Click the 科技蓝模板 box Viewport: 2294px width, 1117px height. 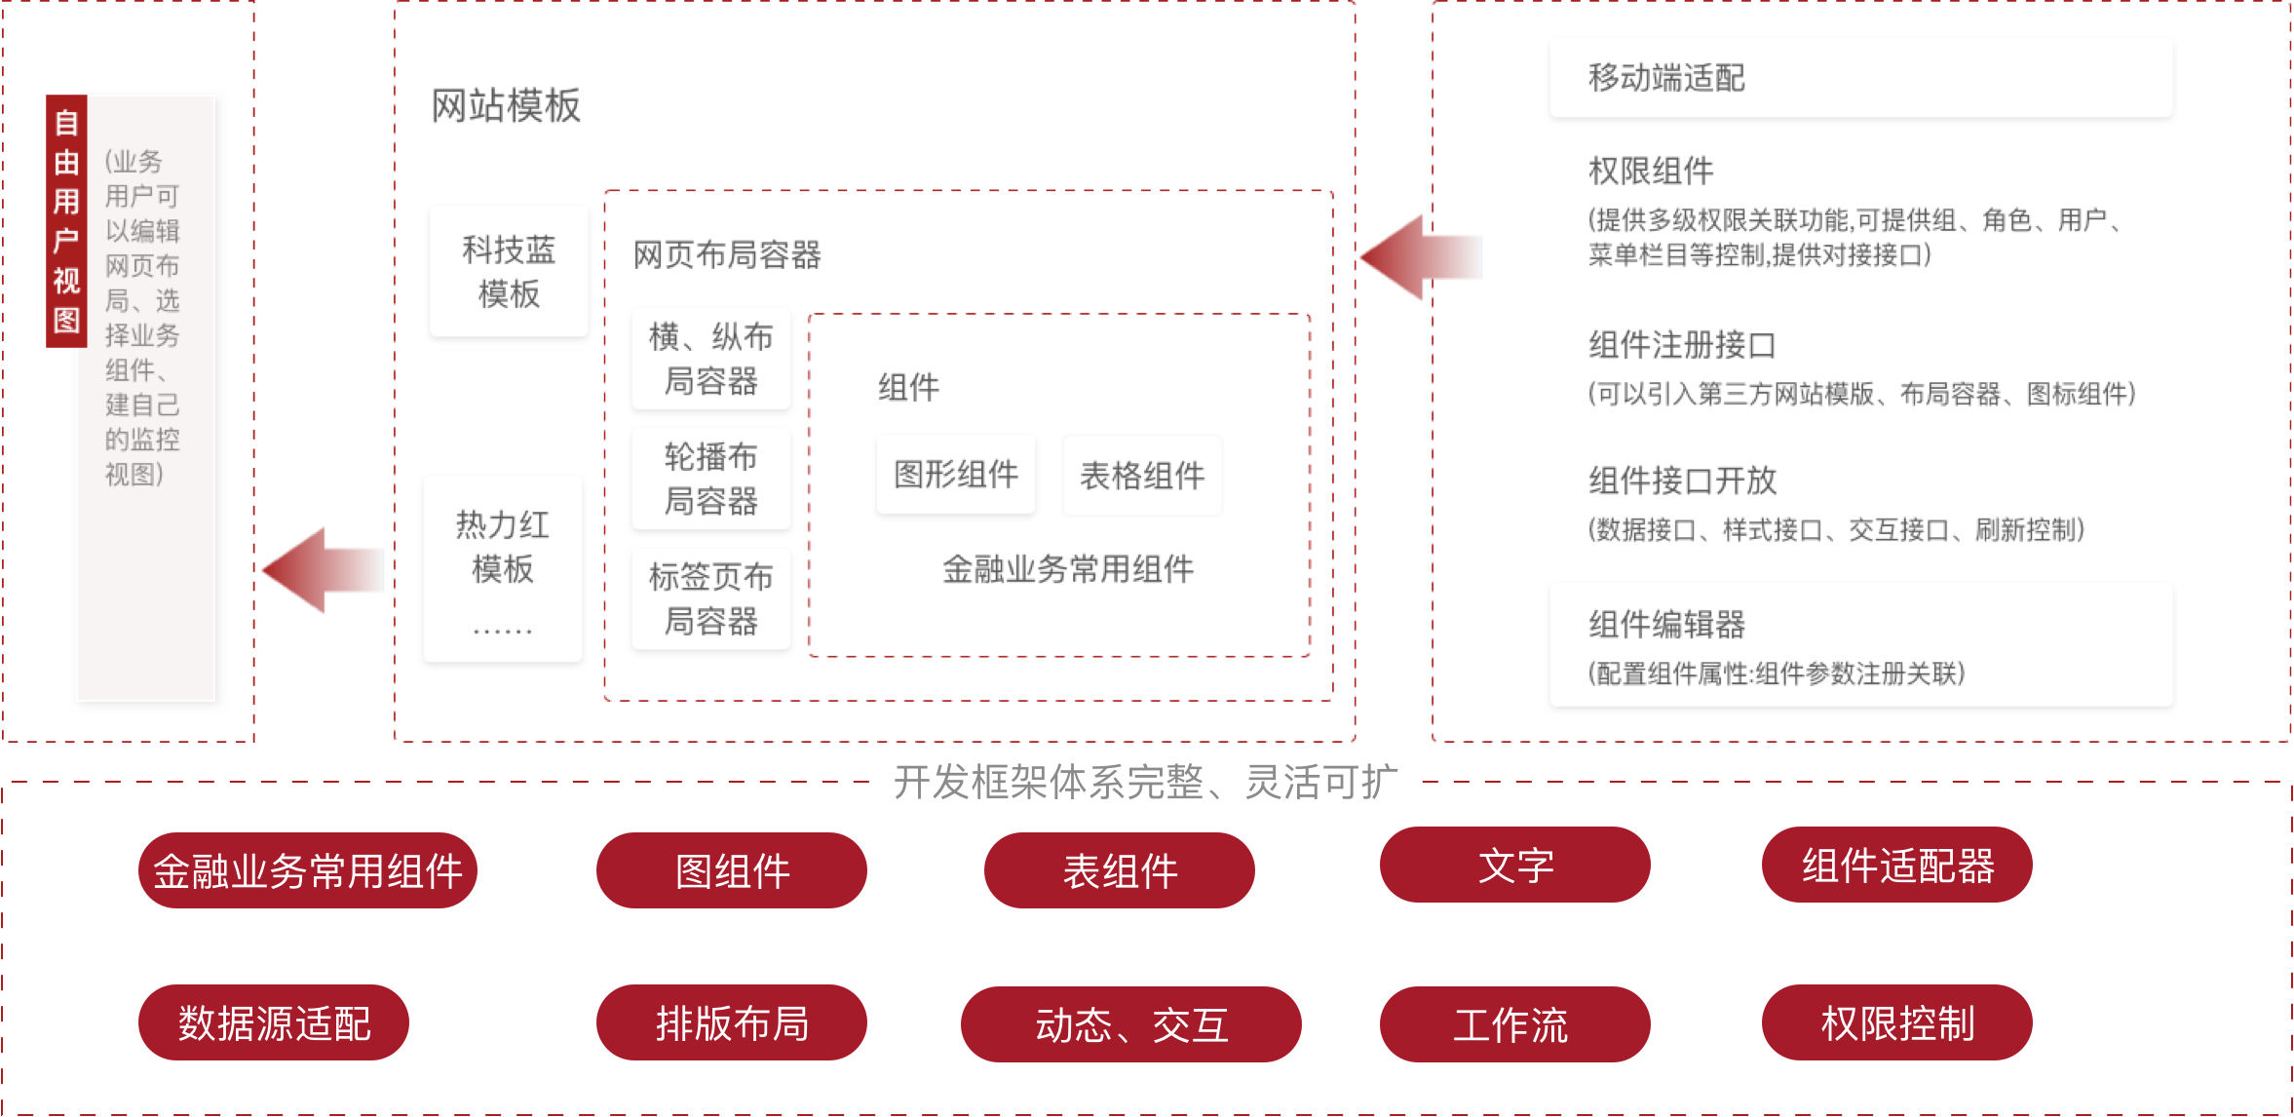pyautogui.click(x=509, y=271)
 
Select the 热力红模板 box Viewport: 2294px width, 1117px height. pyautogui.click(x=503, y=567)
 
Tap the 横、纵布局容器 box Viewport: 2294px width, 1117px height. pyautogui.click(x=710, y=358)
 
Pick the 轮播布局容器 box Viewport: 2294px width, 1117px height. pyautogui.click(x=710, y=479)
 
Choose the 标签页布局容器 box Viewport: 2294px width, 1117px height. pyautogui.click(x=710, y=598)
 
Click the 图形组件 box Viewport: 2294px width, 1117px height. pyautogui.click(x=955, y=475)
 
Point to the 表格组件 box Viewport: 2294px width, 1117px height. pyautogui.click(x=1142, y=476)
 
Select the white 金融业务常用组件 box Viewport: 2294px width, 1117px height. pyautogui.click(x=1067, y=569)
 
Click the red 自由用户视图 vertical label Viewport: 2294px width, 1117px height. pyautogui.click(x=66, y=221)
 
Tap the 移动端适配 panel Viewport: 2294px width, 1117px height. pyautogui.click(x=1860, y=78)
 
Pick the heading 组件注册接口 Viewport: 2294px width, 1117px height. pyautogui.click(x=1682, y=345)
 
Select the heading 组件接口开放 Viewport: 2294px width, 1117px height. pyautogui.click(x=1682, y=481)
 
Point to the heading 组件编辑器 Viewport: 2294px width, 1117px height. pyautogui.click(x=1666, y=624)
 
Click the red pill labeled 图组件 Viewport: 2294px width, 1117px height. pyautogui.click(x=732, y=870)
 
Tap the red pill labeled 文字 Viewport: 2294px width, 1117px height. pyautogui.click(x=1514, y=866)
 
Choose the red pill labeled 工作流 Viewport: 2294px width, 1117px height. pyautogui.click(x=1514, y=1024)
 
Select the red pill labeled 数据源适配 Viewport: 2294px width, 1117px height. pyautogui.click(x=274, y=1023)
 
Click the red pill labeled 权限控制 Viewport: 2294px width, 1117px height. pyautogui.click(x=1896, y=1023)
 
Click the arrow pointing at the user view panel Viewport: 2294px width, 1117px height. pyautogui.click(x=324, y=570)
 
